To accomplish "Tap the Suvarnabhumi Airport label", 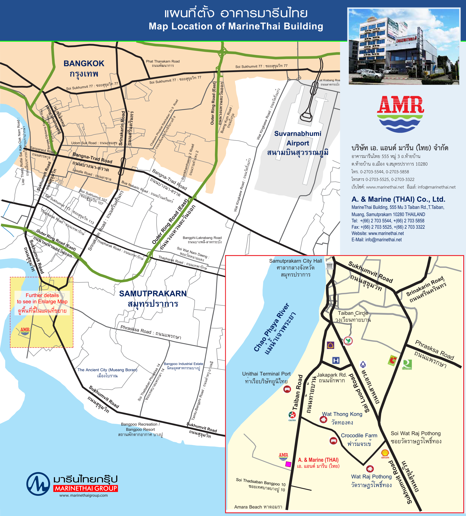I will pos(298,138).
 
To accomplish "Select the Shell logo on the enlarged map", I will pos(385,453).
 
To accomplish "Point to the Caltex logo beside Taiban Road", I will pos(292,416).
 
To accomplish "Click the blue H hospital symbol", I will pos(336,360).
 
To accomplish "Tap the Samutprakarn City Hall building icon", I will pos(330,265).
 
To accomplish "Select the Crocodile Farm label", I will pos(359,435).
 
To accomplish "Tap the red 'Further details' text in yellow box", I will pos(42,295).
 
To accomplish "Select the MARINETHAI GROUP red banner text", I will pos(86,488).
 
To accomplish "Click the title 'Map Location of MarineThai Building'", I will pos(236,26).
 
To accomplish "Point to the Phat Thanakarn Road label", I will pos(163,61).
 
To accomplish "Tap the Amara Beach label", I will pos(258,507).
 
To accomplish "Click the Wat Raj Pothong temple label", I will pos(371,477).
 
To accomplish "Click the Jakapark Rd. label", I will pos(332,375).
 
